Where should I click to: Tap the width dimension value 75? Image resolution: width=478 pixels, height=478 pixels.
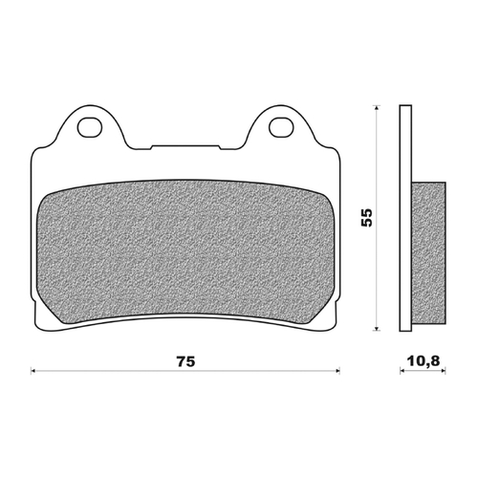coord(186,362)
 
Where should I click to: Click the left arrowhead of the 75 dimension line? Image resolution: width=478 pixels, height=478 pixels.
coord(34,370)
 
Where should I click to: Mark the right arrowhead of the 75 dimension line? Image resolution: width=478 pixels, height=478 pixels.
coord(339,370)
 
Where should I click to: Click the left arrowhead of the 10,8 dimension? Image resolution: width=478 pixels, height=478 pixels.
coord(400,370)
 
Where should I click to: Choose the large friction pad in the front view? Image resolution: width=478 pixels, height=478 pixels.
coord(186,249)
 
